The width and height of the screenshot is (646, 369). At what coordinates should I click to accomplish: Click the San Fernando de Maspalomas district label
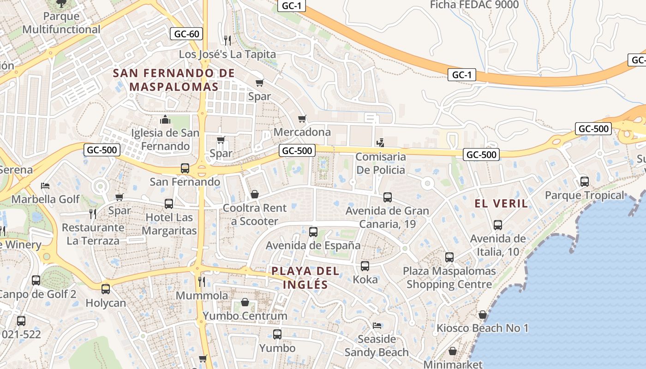pos(174,80)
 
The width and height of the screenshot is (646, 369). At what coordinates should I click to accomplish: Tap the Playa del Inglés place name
pos(305,278)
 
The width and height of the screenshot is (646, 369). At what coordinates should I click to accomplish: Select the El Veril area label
pos(502,203)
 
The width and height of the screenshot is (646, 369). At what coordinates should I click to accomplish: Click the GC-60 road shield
pos(187,34)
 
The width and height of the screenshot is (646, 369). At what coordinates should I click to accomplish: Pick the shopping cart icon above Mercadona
pos(302,119)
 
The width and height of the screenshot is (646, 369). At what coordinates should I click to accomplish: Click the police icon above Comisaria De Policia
pos(380,143)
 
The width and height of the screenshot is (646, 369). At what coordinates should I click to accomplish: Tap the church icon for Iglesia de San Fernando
pos(165,120)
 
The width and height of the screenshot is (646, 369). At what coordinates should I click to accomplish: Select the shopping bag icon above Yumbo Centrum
pos(245,303)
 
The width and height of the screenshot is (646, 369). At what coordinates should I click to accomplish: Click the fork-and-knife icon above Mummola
pos(201,281)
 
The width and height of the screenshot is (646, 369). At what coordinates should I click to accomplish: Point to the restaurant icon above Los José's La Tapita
pos(227,41)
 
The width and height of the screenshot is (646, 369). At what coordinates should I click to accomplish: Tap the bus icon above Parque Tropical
pos(584,182)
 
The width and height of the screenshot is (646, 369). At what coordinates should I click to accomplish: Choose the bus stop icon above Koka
pos(365,266)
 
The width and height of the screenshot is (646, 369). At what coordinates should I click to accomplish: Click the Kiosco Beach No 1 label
pos(483,328)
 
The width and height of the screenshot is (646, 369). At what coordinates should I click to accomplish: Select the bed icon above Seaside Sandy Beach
pos(377,326)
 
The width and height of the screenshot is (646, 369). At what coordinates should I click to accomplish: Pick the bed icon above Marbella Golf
pos(45,185)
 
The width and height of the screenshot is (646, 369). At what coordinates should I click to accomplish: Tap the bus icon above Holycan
pos(106,289)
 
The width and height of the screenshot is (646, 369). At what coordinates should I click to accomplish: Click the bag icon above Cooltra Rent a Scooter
pos(254,195)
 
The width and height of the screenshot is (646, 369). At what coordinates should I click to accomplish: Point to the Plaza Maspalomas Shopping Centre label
pos(449,278)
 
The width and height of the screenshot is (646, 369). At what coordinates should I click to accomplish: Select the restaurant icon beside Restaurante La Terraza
pos(93,214)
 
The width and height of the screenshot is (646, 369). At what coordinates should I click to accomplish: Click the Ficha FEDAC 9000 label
pos(474,5)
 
